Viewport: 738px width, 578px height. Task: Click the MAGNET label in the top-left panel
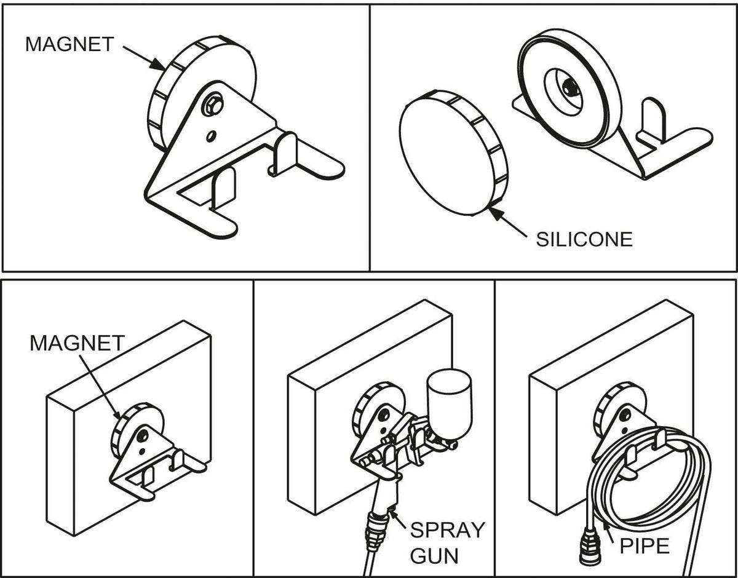69,44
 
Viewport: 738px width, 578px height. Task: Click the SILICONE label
584,239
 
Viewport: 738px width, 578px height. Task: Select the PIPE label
644,545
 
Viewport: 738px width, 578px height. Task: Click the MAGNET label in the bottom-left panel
77,343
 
